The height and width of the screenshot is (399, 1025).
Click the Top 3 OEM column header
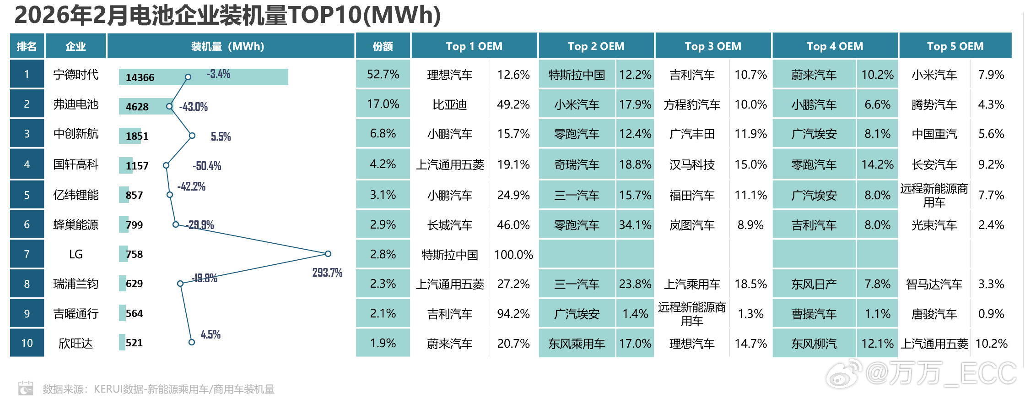[712, 46]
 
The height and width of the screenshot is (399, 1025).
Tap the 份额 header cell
[383, 46]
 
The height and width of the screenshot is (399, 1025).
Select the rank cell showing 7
[27, 254]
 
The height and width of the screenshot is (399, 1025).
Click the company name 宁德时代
[76, 75]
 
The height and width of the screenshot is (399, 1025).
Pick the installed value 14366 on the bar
[140, 77]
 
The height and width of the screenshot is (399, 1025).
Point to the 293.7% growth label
[327, 273]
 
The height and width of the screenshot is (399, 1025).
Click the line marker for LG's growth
[328, 253]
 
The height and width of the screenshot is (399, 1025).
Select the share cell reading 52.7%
[383, 75]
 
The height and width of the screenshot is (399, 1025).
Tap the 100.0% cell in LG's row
[513, 255]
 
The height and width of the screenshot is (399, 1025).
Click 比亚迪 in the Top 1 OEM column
[449, 105]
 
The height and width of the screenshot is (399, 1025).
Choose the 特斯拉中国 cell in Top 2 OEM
[577, 75]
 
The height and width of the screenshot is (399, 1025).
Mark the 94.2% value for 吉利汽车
[513, 314]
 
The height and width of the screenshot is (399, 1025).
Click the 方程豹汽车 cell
[692, 105]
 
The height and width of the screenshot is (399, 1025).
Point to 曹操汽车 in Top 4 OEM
[814, 314]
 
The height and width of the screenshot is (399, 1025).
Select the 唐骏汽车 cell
[934, 314]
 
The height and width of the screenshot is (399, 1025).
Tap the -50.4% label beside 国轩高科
[207, 166]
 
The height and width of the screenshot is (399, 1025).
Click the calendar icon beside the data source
[26, 388]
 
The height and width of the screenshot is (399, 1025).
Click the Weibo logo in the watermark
[843, 374]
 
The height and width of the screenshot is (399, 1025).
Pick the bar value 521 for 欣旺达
[134, 343]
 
